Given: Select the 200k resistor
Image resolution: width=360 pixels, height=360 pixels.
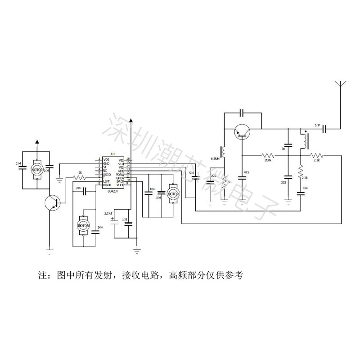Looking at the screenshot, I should (x=269, y=155).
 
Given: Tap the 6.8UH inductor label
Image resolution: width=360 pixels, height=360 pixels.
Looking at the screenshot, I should (x=216, y=159).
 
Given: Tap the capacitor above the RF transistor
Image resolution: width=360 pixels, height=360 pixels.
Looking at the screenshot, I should (x=242, y=111).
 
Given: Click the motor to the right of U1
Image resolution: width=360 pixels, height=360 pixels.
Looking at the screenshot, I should (x=171, y=193).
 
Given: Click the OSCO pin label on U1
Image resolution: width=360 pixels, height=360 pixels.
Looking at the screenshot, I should (x=107, y=174).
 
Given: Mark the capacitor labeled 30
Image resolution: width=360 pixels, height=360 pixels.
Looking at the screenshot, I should (x=288, y=145).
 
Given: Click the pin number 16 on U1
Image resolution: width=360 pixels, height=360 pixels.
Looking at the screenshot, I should (x=128, y=159).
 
